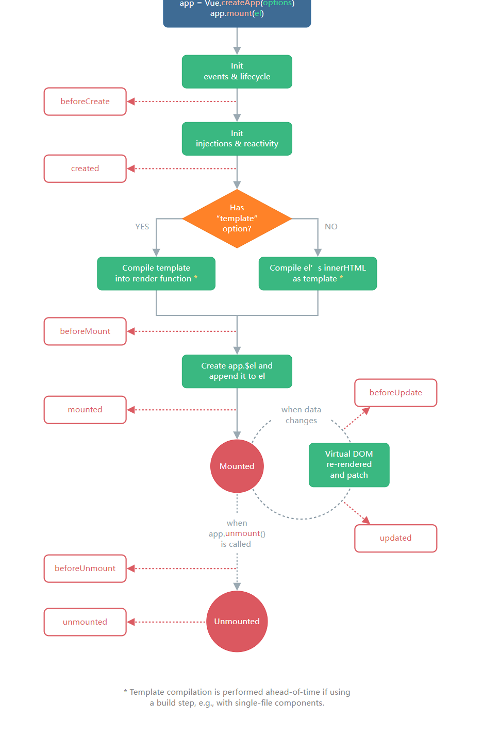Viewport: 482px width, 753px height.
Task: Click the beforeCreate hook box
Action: [85, 102]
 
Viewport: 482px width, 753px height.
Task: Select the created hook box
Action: [85, 169]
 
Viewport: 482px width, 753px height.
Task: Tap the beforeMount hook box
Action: [85, 331]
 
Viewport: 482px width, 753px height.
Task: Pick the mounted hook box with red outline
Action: [85, 410]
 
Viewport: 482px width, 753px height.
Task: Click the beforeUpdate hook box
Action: [395, 393]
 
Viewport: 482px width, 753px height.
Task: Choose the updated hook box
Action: [395, 538]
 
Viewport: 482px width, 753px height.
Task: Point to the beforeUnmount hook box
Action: [85, 568]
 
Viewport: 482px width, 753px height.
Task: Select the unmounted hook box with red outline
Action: [85, 622]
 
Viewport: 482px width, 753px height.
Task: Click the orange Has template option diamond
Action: [237, 219]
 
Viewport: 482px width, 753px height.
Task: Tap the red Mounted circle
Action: [237, 466]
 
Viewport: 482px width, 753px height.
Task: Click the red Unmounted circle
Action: [237, 621]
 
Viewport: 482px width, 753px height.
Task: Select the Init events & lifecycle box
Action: [237, 72]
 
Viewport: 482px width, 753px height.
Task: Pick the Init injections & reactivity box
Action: [237, 139]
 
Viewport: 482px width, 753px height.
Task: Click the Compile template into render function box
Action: [156, 274]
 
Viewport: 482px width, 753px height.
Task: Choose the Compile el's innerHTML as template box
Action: [318, 274]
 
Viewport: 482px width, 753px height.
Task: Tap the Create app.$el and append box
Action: [237, 371]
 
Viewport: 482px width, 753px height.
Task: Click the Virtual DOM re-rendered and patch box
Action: [349, 464]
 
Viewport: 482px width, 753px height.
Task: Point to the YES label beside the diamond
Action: [142, 227]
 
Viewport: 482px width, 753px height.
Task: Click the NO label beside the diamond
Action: [331, 227]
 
